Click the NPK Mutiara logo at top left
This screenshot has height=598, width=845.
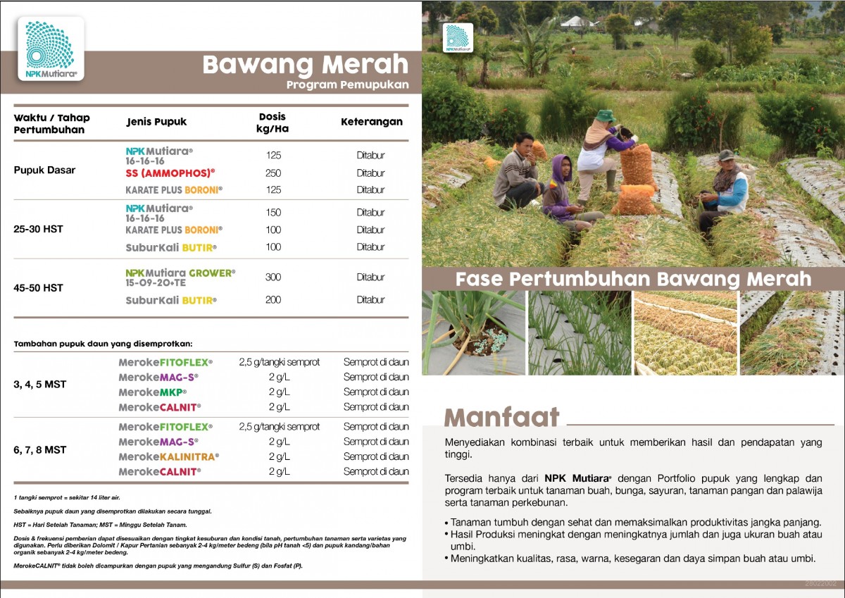[51, 48]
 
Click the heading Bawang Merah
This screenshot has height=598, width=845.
[305, 65]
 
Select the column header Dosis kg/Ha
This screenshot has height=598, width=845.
[273, 123]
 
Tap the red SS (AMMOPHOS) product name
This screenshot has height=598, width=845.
[170, 173]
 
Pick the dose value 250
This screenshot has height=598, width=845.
[273, 173]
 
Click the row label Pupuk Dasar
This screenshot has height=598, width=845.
[44, 170]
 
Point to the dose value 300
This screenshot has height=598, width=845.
[273, 278]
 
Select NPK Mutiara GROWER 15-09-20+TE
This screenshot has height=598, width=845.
[180, 278]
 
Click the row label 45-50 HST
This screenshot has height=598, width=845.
[38, 287]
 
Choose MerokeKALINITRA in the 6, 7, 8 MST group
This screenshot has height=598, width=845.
[168, 457]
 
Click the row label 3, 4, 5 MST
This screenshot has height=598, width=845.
[39, 385]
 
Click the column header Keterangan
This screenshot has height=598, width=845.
[372, 122]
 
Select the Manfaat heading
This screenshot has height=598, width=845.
[501, 417]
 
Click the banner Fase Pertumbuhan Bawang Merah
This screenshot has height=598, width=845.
[632, 279]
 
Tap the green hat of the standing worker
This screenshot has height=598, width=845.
[604, 115]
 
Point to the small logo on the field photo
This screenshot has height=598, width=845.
[458, 38]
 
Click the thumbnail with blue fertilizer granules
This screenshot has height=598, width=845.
[473, 332]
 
